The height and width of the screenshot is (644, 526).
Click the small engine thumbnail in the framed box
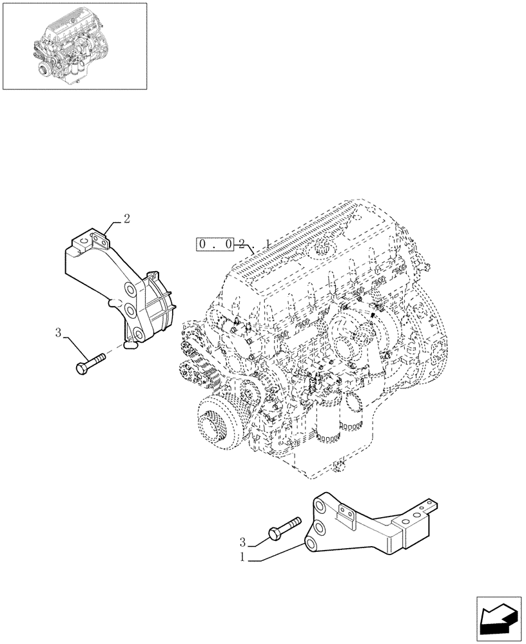click(74, 46)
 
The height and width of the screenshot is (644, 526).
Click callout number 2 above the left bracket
click(126, 218)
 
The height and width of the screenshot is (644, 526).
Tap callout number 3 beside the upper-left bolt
click(58, 333)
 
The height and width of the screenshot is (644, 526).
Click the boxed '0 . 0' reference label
click(217, 245)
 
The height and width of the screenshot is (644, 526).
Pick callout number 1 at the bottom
click(242, 558)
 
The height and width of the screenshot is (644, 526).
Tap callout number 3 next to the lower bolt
click(244, 542)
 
